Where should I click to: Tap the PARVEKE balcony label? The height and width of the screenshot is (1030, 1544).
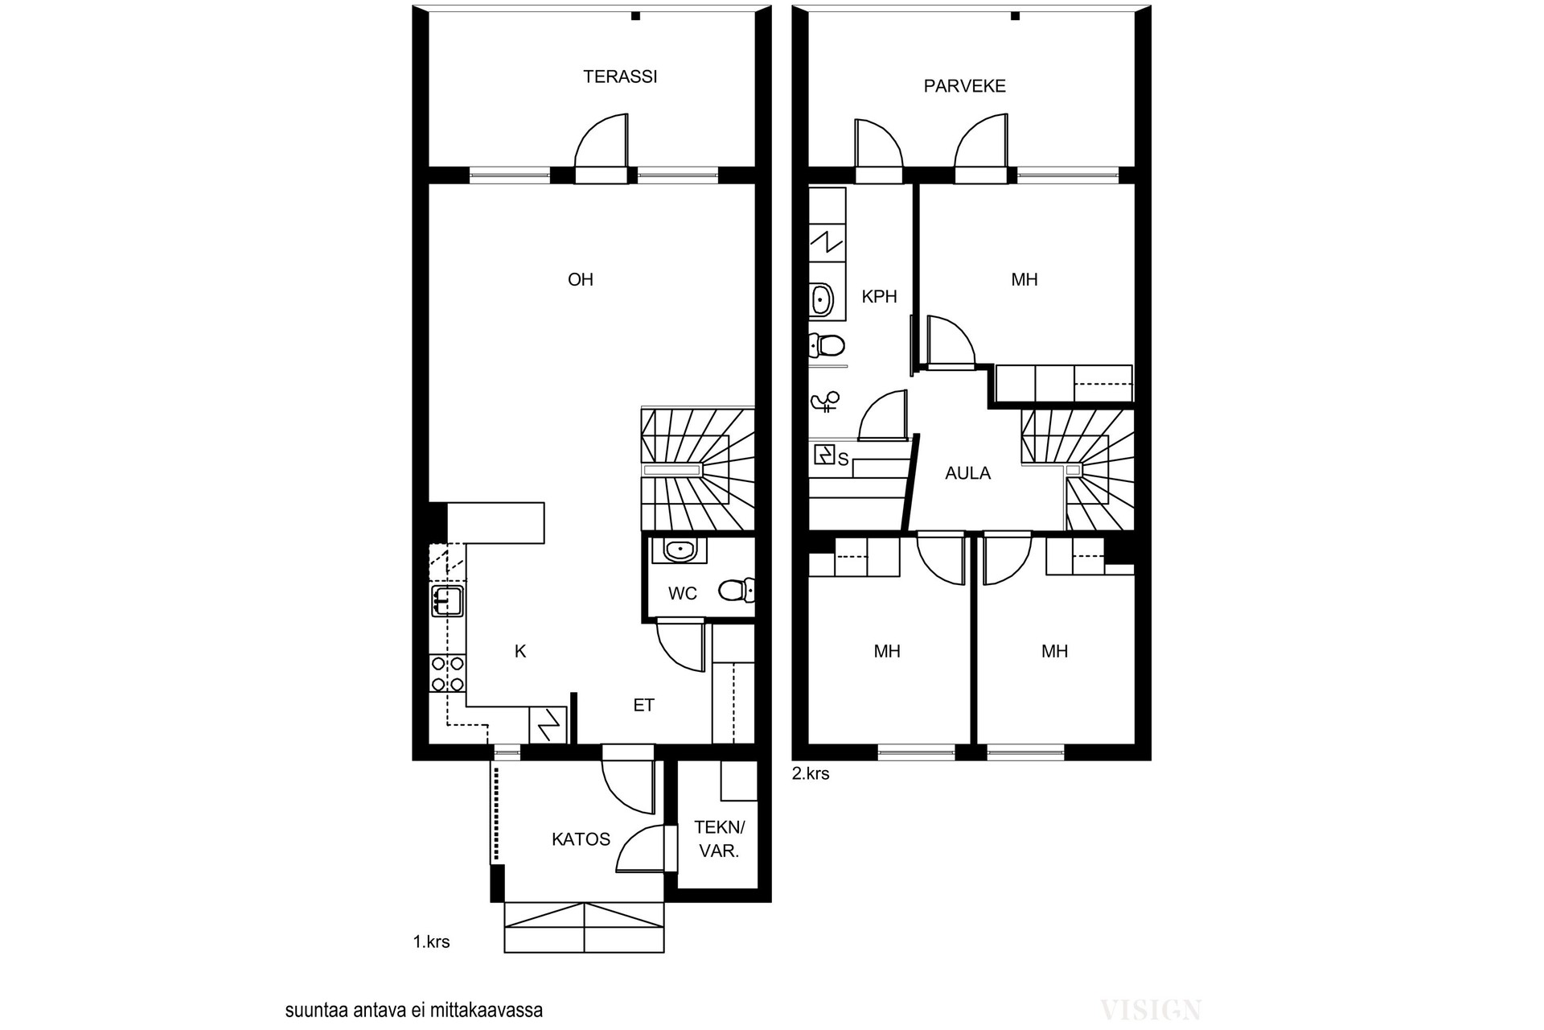pyautogui.click(x=964, y=86)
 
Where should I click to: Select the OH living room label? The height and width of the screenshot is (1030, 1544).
pyautogui.click(x=581, y=280)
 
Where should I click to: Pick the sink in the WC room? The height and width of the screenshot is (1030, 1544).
pyautogui.click(x=680, y=550)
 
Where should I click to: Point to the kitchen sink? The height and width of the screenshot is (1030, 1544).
pyautogui.click(x=447, y=600)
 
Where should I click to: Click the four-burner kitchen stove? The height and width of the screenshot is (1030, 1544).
pyautogui.click(x=448, y=674)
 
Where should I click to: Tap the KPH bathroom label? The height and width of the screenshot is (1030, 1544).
pyautogui.click(x=879, y=297)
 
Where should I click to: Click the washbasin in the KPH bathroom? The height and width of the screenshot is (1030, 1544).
pyautogui.click(x=821, y=300)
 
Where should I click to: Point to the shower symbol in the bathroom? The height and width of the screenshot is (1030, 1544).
pyautogui.click(x=826, y=401)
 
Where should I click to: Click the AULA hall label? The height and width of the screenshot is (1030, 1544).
pyautogui.click(x=967, y=474)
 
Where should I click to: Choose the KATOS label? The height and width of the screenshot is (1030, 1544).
pyautogui.click(x=581, y=840)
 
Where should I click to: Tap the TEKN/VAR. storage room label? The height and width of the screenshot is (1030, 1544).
pyautogui.click(x=720, y=839)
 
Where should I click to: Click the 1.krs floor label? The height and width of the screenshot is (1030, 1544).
pyautogui.click(x=432, y=942)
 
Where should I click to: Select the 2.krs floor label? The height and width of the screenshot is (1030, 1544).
pyautogui.click(x=811, y=774)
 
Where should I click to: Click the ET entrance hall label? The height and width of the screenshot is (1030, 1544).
pyautogui.click(x=644, y=706)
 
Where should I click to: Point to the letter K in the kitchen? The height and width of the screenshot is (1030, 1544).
pyautogui.click(x=520, y=652)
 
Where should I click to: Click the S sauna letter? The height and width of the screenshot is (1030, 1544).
pyautogui.click(x=844, y=460)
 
